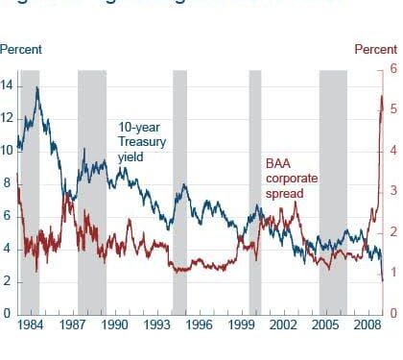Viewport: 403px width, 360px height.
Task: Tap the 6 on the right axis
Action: [x=392, y=69]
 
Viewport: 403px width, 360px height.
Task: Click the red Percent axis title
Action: [x=375, y=49]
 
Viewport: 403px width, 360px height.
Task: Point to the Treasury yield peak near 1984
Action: [x=37, y=87]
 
